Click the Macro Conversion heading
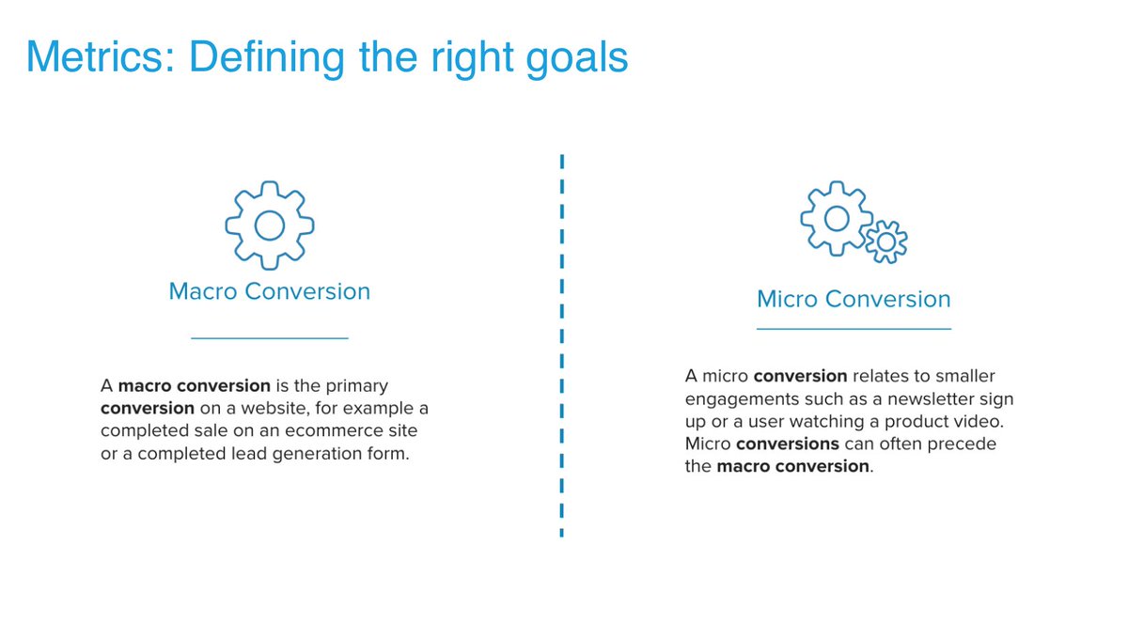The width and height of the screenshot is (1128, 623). tap(270, 291)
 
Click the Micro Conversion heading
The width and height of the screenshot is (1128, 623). tap(854, 300)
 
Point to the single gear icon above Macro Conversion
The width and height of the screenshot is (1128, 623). tap(270, 226)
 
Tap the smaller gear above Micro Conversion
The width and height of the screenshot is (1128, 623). tap(885, 241)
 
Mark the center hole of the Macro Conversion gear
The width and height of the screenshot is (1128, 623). tap(270, 226)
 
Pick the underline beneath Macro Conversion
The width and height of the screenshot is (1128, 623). tap(270, 337)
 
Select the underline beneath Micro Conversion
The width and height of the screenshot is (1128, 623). tap(854, 329)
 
